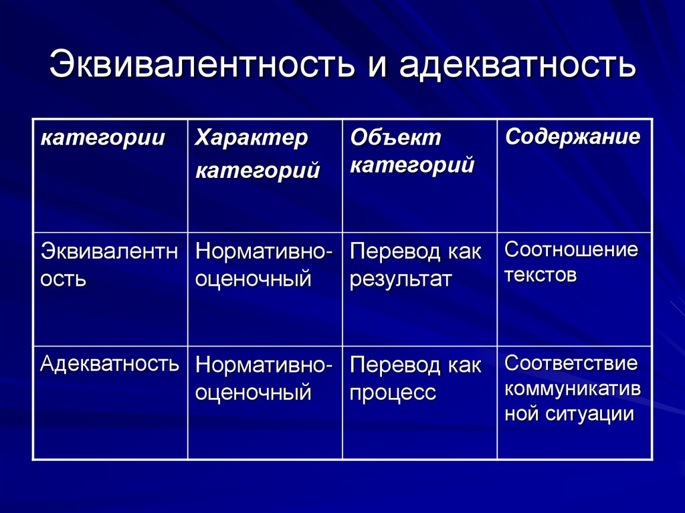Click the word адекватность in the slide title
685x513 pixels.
point(518,66)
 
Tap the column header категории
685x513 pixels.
point(103,138)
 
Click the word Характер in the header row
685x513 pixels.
point(252,139)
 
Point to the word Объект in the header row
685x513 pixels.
point(396,138)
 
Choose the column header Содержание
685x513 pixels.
point(573,137)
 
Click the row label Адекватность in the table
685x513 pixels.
point(110,364)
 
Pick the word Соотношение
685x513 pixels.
point(571,251)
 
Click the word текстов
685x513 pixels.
point(541,275)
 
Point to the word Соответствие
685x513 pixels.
point(571,365)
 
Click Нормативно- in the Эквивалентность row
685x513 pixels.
point(264,252)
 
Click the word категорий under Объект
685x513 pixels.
point(412,165)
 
